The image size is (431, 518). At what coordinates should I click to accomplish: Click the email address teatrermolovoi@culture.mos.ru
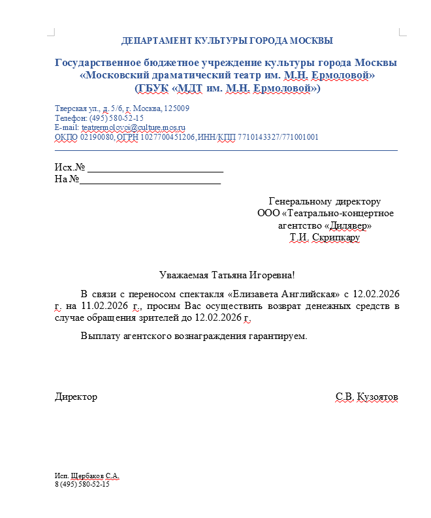coord(134,127)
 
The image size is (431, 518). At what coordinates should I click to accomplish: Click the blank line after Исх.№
coord(155,168)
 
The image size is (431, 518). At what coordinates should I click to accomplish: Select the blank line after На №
coord(150,179)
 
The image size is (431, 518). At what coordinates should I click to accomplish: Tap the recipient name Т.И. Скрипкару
coord(325,238)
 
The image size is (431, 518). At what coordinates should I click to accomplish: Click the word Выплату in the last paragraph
coord(100,336)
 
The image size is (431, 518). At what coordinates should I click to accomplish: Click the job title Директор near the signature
coord(76,397)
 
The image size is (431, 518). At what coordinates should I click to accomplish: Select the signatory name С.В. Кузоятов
coord(366,397)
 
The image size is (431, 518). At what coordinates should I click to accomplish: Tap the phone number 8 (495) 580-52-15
coord(82,485)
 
